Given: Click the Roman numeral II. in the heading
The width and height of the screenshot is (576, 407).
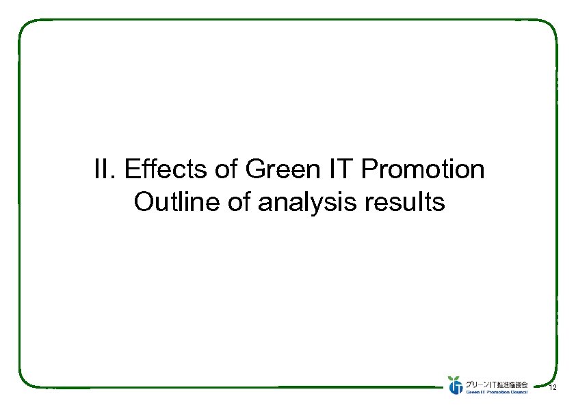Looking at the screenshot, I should (x=105, y=169).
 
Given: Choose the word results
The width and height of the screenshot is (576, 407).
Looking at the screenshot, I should (x=406, y=202).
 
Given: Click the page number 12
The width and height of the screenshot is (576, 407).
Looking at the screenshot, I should (x=552, y=388).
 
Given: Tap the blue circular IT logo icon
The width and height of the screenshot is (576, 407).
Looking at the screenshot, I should (x=456, y=387).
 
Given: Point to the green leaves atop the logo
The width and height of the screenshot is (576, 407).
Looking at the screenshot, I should (x=453, y=378).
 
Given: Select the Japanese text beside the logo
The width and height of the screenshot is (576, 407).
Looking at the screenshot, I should (x=497, y=383).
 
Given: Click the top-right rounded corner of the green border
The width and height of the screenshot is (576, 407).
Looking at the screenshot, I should (x=551, y=26).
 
